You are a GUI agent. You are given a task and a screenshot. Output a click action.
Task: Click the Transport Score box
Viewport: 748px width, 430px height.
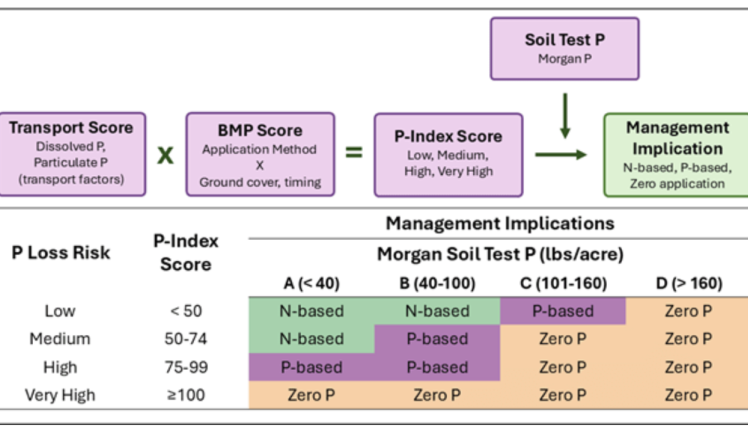pyautogui.click(x=72, y=154)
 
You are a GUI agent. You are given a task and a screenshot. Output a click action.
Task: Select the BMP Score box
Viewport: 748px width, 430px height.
pyautogui.click(x=260, y=154)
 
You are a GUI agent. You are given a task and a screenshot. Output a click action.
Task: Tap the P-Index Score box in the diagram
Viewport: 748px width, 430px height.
pyautogui.click(x=448, y=154)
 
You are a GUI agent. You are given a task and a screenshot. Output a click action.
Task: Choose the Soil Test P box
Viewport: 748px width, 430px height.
pyautogui.click(x=565, y=48)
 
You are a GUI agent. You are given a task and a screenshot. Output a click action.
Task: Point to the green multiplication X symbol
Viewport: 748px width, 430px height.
pyautogui.click(x=166, y=155)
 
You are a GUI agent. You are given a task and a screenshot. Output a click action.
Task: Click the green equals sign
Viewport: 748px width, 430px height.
pyautogui.click(x=354, y=153)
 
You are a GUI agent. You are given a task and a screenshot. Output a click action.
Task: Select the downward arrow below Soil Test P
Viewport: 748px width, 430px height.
pyautogui.click(x=565, y=115)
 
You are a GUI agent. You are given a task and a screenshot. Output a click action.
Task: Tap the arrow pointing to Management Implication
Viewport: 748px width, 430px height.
pyautogui.click(x=561, y=154)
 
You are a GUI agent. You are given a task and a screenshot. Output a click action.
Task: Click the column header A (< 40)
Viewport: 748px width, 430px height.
pyautogui.click(x=312, y=283)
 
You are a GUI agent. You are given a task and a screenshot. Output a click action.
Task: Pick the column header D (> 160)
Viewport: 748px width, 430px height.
pyautogui.click(x=688, y=283)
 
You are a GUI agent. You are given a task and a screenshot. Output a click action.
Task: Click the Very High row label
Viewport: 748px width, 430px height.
pyautogui.click(x=60, y=395)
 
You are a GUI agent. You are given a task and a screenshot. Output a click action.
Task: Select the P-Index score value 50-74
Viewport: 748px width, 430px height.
pyautogui.click(x=185, y=339)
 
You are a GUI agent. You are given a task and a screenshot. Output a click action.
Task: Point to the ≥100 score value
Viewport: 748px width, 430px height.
pyautogui.click(x=185, y=395)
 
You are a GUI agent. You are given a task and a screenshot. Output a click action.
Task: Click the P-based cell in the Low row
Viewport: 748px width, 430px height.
pyautogui.click(x=563, y=311)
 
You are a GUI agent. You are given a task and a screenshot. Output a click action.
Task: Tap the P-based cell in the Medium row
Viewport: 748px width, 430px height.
pyautogui.click(x=437, y=339)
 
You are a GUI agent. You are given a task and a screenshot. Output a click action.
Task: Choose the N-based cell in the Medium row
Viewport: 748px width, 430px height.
pyautogui.click(x=312, y=339)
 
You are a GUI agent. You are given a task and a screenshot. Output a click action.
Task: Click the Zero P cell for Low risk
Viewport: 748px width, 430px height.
pyautogui.click(x=688, y=311)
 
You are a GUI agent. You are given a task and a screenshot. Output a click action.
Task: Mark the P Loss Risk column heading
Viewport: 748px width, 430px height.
pyautogui.click(x=61, y=253)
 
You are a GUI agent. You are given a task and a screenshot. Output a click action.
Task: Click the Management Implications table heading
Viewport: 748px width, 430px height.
pyautogui.click(x=500, y=224)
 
